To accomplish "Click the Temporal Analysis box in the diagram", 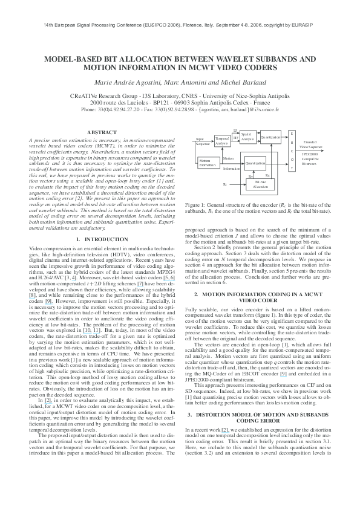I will pos(222,140).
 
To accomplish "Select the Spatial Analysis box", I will pos(246,137).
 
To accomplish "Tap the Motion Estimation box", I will pos(207,162).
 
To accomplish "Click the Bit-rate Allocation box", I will pos(260,184).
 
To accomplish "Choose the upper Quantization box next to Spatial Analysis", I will pos(270,137).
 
